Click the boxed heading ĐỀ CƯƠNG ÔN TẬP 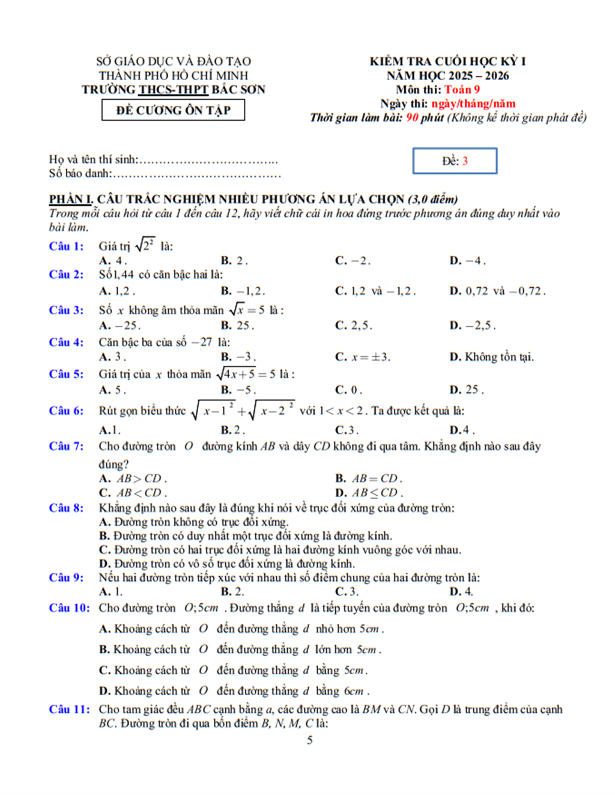173,111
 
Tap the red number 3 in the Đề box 465,161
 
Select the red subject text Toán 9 461,90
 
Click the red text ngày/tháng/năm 473,103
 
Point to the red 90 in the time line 411,118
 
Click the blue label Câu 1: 66,246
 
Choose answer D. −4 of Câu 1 467,261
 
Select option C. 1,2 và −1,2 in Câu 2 375,291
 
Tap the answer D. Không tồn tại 491,357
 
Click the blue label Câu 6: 66,411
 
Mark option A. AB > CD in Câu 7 133,479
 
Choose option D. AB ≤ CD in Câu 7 369,493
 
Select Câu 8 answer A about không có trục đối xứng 193,522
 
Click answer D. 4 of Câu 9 461,592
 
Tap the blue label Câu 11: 69,710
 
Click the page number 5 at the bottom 310,740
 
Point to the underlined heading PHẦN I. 70,200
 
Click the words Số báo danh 79,174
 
